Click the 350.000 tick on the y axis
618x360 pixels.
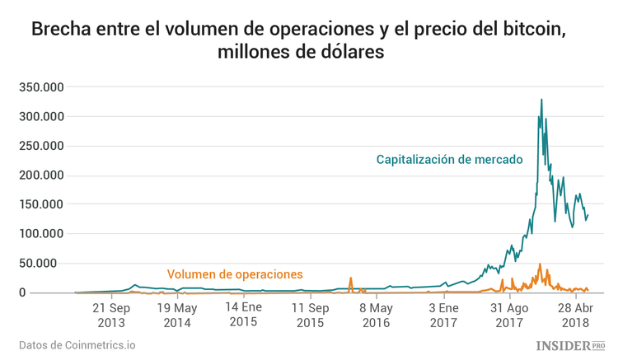[41, 87]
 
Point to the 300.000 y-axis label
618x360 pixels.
[41, 117]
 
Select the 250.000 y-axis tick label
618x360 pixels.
[41, 146]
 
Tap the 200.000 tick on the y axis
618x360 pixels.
[41, 175]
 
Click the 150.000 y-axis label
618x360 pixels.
[41, 204]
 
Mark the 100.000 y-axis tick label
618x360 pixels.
[41, 234]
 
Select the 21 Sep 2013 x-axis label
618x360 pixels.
[110, 315]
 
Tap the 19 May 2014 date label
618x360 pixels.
[176, 315]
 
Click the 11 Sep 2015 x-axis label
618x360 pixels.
[309, 315]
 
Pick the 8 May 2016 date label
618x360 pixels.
[376, 315]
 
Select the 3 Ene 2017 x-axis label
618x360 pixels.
[442, 315]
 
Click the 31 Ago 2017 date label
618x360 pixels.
[508, 315]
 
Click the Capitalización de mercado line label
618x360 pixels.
[450, 160]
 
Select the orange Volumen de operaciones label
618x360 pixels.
[235, 274]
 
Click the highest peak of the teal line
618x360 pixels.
[541, 100]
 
